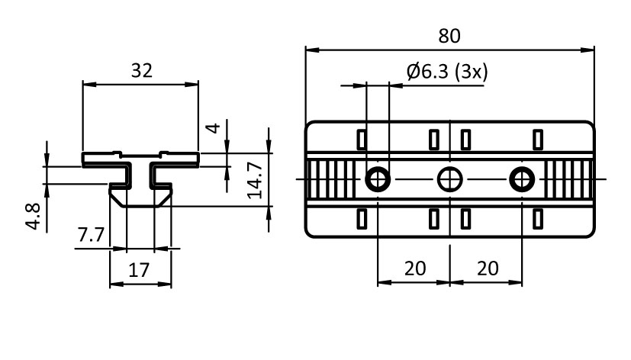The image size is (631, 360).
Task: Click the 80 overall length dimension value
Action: pyautogui.click(x=449, y=35)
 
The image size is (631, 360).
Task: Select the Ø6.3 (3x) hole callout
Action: pyautogui.click(x=447, y=72)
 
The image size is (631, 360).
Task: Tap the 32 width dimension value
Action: pyautogui.click(x=141, y=71)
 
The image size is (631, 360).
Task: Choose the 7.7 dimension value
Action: pyautogui.click(x=90, y=236)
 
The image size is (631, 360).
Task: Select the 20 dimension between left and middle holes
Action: pyautogui.click(x=414, y=268)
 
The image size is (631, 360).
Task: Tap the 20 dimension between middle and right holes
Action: pyautogui.click(x=487, y=268)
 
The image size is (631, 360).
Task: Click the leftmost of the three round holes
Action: pyautogui.click(x=378, y=179)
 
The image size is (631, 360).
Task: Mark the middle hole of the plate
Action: pyautogui.click(x=449, y=179)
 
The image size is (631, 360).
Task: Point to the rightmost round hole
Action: pyautogui.click(x=522, y=179)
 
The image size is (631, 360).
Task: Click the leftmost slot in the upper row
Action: pyautogui.click(x=362, y=139)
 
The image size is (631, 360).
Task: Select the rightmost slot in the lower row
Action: pyautogui.click(x=537, y=220)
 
